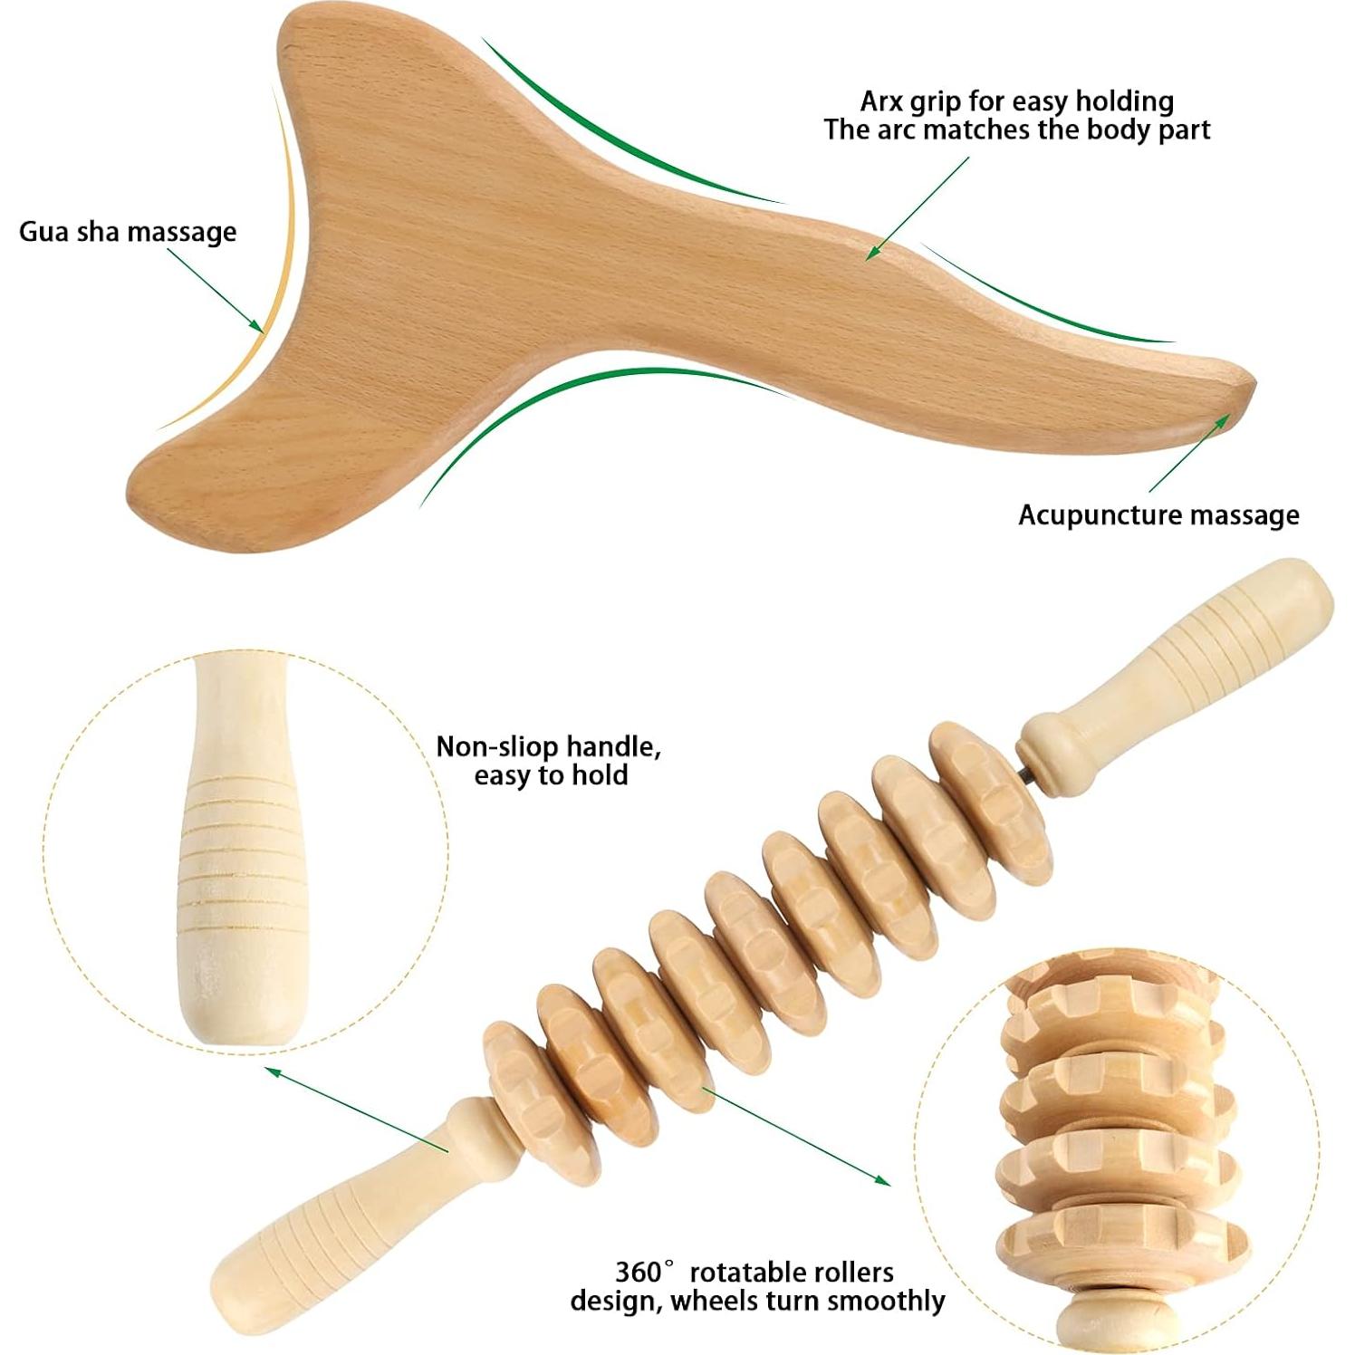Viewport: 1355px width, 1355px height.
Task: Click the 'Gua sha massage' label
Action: tap(128, 232)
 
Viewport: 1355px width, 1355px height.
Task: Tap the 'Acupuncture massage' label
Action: tap(1158, 515)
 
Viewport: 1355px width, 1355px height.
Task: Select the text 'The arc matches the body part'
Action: tap(1016, 130)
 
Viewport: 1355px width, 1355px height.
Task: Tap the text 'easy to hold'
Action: tap(551, 775)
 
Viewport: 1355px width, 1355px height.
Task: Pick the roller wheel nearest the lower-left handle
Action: tap(523, 1082)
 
